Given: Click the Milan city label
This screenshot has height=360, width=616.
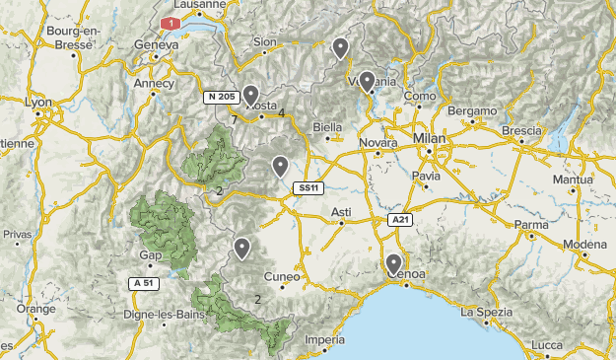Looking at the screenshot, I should click(430, 137).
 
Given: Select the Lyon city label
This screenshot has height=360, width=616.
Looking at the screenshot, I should click(37, 102).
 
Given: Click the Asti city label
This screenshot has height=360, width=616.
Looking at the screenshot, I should click(341, 212).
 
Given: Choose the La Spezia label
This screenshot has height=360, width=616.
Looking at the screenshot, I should click(481, 312).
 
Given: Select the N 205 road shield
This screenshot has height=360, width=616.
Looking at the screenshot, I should click(222, 97).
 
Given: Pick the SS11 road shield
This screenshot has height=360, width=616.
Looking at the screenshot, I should click(308, 187).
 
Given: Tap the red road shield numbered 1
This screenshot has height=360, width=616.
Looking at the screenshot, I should click(172, 22).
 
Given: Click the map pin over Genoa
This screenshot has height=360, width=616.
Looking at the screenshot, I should click(393, 263).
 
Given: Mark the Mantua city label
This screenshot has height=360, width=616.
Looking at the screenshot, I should click(573, 180).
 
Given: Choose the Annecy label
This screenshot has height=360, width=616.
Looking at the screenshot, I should click(155, 84).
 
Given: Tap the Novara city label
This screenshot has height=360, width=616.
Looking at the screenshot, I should click(377, 143).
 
